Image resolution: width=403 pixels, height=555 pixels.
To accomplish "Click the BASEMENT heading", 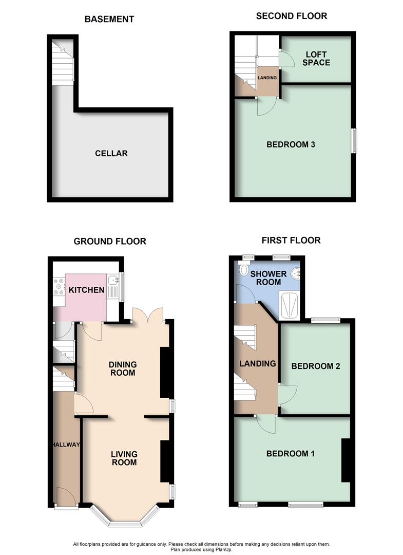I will pyautogui.click(x=109, y=20).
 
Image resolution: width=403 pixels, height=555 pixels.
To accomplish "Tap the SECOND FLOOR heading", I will pyautogui.click(x=291, y=16).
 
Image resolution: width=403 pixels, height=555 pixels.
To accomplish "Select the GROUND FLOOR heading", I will pyautogui.click(x=109, y=241).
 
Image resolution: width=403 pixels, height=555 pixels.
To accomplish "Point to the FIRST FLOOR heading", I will pyautogui.click(x=291, y=240).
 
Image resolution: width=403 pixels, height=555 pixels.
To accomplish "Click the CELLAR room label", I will pyautogui.click(x=111, y=153).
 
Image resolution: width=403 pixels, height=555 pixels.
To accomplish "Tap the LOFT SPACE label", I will pyautogui.click(x=316, y=59).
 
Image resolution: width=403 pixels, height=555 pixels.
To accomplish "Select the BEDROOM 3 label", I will pyautogui.click(x=291, y=144).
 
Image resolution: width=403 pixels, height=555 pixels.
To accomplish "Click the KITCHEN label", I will pyautogui.click(x=87, y=290).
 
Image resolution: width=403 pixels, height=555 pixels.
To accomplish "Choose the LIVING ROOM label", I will pyautogui.click(x=124, y=458).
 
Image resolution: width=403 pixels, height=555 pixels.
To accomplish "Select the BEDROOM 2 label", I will pyautogui.click(x=316, y=366).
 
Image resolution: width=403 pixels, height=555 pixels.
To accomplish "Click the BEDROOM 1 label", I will pyautogui.click(x=290, y=454).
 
